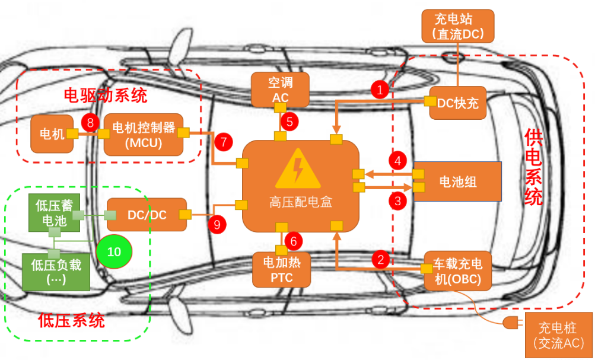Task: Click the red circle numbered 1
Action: point(380,90)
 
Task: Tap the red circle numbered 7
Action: point(223,142)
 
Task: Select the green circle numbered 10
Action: point(114,251)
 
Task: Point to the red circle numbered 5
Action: point(289,122)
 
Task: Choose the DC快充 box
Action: point(457,102)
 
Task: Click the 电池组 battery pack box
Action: point(457,181)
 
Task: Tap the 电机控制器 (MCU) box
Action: point(144,136)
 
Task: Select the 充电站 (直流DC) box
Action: point(457,26)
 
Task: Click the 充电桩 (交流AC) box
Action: point(558,335)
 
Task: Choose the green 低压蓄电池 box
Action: point(54,214)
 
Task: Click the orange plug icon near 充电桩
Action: point(510,324)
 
